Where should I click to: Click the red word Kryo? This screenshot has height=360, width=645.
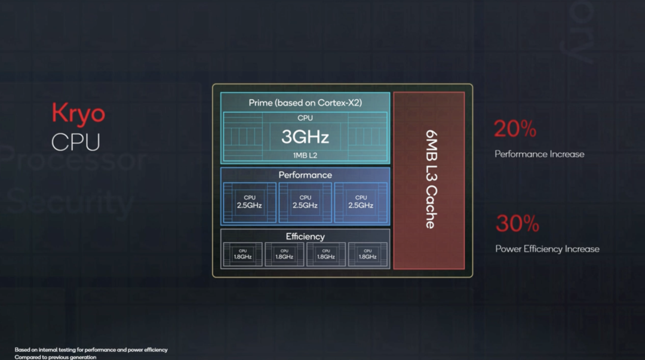pyautogui.click(x=78, y=113)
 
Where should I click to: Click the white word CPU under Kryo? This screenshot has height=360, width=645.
pyautogui.click(x=75, y=142)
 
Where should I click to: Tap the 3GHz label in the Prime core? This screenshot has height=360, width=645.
pyautogui.click(x=305, y=137)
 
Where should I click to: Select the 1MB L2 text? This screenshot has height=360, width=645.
pyautogui.click(x=305, y=155)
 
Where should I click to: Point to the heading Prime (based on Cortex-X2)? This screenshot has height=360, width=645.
pyautogui.click(x=305, y=103)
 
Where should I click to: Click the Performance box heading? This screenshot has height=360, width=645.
pyautogui.click(x=305, y=175)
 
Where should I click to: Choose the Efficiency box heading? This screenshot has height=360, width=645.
pyautogui.click(x=305, y=236)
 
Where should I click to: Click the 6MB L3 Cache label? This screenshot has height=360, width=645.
pyautogui.click(x=429, y=180)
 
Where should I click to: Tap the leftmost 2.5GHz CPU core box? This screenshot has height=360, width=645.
pyautogui.click(x=250, y=202)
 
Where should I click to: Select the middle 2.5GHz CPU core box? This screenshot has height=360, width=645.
pyautogui.click(x=305, y=202)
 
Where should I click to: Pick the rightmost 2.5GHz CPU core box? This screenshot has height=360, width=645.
pyautogui.click(x=361, y=202)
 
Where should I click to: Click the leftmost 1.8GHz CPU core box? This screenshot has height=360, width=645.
pyautogui.click(x=242, y=254)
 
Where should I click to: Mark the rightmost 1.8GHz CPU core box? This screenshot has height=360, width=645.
pyautogui.click(x=367, y=254)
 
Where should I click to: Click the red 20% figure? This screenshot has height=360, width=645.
pyautogui.click(x=515, y=129)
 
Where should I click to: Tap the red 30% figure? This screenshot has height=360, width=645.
pyautogui.click(x=517, y=224)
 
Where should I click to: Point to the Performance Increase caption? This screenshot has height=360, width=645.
pyautogui.click(x=539, y=154)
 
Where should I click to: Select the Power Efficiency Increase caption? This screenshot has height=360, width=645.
pyautogui.click(x=547, y=249)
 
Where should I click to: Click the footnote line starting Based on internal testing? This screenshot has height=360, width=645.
pyautogui.click(x=91, y=350)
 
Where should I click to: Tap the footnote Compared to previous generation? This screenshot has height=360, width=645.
pyautogui.click(x=56, y=357)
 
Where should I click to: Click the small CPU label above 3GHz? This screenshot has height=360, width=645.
pyautogui.click(x=305, y=118)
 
